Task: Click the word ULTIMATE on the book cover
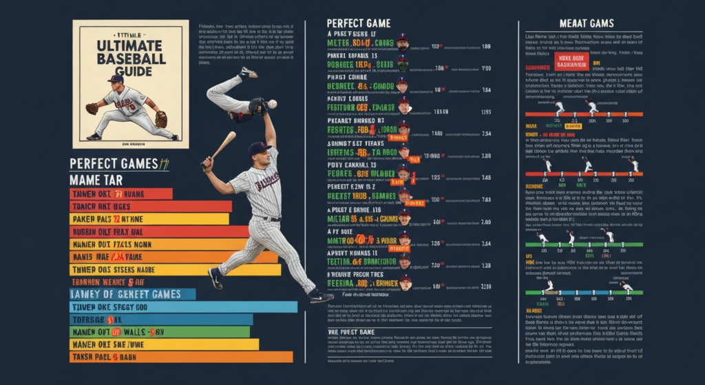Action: pos(130,45)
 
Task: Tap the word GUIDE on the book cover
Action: pos(130,72)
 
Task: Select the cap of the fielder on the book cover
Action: pos(116,79)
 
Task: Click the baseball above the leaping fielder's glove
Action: pos(272,104)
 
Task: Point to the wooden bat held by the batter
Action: pos(222,147)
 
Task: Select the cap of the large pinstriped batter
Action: pos(258,147)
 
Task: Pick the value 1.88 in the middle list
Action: pos(486,47)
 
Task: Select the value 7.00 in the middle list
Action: pos(486,69)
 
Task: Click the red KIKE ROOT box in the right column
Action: pos(571,62)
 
